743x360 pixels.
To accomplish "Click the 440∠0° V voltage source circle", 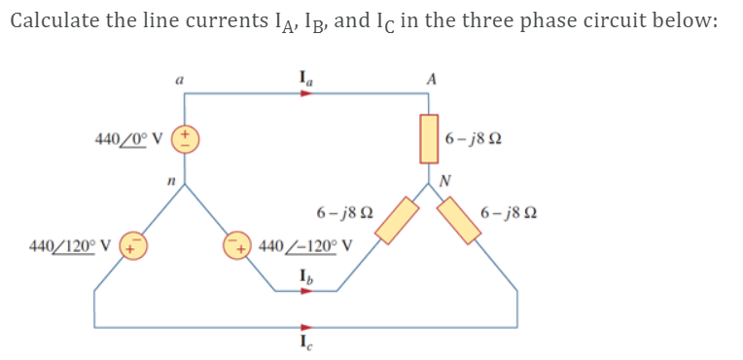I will tap(185, 138).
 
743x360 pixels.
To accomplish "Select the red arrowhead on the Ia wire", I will tap(307, 94).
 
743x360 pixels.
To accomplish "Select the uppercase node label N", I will tap(444, 180).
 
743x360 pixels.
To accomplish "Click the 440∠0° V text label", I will tap(129, 138).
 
